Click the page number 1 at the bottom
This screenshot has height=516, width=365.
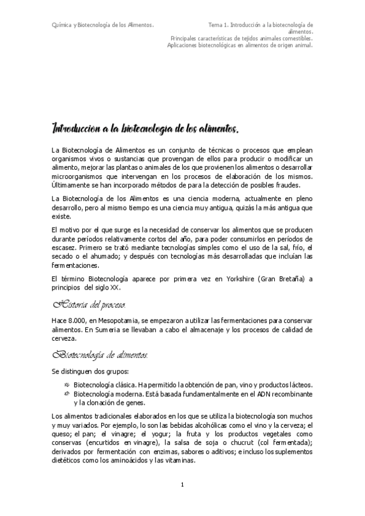(182, 484)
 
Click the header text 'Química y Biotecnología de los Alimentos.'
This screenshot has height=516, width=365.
(102, 25)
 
